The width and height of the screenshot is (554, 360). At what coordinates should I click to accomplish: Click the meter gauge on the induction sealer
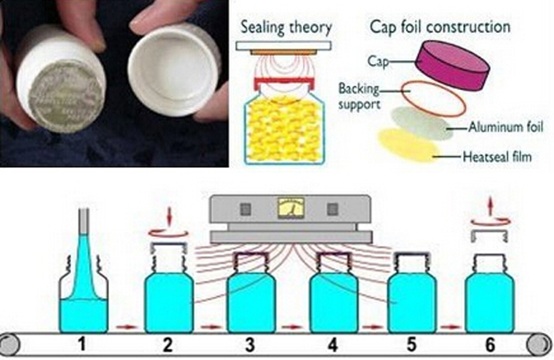click(285, 209)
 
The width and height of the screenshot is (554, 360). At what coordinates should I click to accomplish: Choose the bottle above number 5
click(412, 290)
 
